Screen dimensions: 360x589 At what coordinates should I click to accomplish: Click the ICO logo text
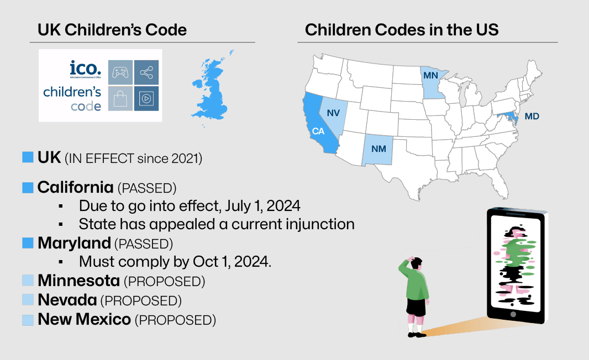85,68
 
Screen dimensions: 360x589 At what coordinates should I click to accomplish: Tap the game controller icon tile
120,72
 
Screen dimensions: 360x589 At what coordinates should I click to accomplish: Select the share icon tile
146,72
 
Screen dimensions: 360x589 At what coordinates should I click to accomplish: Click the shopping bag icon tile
120,98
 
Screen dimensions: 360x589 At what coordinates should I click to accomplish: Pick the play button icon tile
146,98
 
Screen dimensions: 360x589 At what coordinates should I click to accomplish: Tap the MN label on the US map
431,75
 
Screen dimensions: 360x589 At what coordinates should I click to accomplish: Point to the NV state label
333,113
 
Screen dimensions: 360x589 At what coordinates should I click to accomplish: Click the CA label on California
318,131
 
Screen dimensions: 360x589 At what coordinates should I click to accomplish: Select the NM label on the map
378,149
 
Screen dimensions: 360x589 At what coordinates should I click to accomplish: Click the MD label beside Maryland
532,117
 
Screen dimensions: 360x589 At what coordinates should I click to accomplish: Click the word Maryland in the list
74,243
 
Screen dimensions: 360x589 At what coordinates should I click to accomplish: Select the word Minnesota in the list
78,281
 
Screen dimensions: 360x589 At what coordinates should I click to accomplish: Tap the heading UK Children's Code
112,30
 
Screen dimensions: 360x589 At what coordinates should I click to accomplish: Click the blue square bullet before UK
28,157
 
